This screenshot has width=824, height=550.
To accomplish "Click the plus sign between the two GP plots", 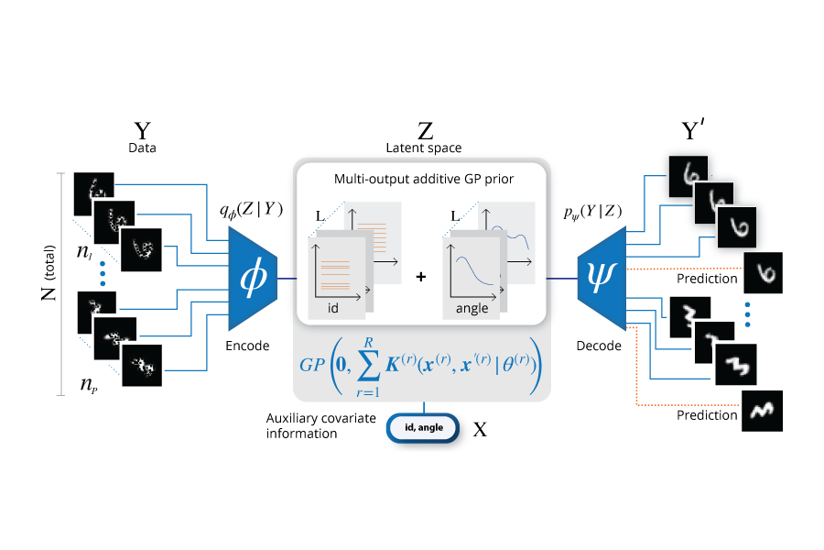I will pos(421,275).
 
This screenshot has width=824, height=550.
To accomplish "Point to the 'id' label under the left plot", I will pos(333,309).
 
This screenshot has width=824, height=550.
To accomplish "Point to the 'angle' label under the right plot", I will pos(472,309).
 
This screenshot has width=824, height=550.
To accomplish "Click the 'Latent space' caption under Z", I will pos(424,147).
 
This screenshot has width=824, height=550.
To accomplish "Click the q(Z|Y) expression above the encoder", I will pos(249,210).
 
